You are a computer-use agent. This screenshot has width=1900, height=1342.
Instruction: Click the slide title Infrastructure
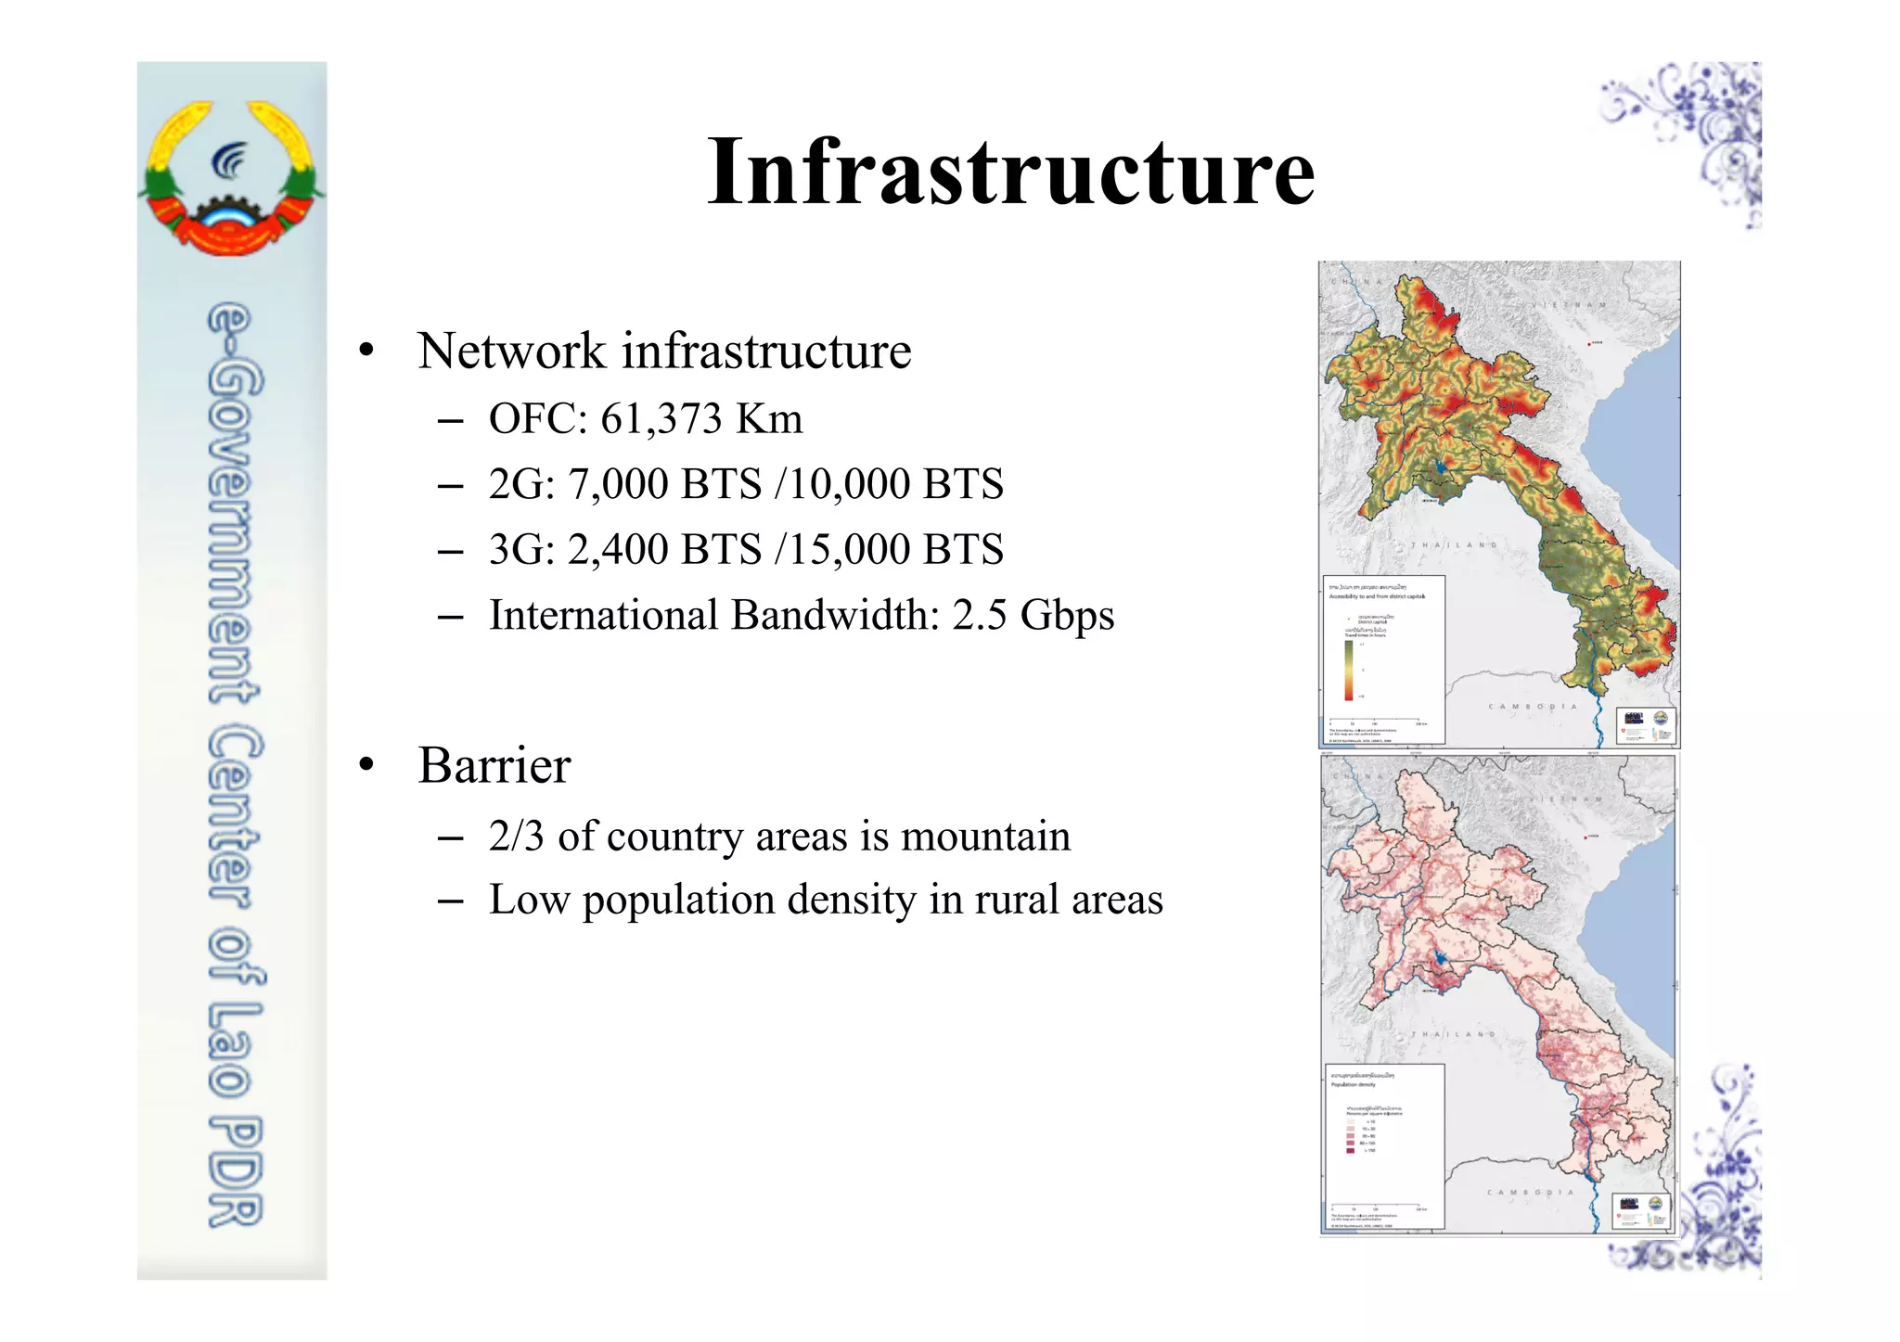tap(1010, 172)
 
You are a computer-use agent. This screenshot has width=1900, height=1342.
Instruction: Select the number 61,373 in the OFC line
tap(661, 418)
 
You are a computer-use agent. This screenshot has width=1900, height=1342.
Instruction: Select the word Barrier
tap(494, 765)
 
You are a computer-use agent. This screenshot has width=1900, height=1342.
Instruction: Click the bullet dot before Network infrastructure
tap(367, 351)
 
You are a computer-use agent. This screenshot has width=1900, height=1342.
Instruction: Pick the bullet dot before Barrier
tap(367, 765)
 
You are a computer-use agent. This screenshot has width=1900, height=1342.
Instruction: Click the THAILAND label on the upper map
tap(1453, 545)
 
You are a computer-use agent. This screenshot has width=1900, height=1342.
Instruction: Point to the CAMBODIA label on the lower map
tap(1531, 1193)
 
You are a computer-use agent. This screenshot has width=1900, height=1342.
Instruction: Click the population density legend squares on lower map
tap(1350, 1136)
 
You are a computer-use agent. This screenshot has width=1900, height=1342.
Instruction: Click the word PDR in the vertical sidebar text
tap(236, 1173)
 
